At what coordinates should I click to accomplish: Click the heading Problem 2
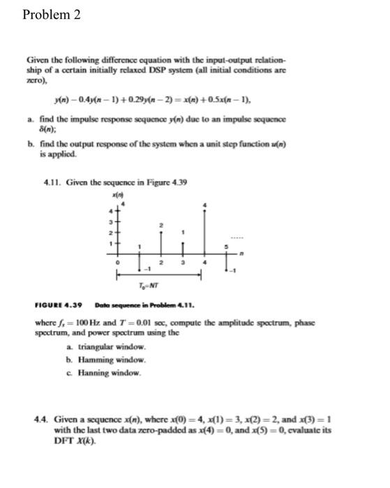(52, 15)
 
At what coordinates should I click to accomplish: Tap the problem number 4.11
(53, 163)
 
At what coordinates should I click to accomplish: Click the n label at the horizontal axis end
(241, 252)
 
